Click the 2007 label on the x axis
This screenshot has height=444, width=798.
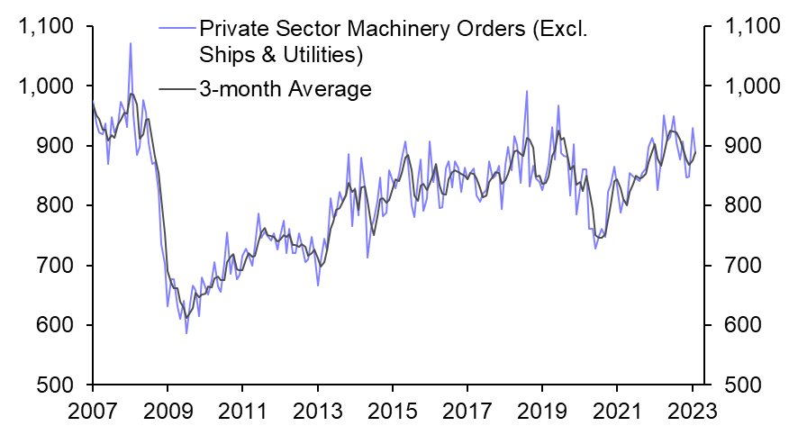point(93,410)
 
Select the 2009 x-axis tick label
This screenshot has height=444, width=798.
point(168,410)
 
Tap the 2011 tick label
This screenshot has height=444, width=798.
point(242,410)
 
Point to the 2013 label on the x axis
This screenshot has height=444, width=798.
point(317,410)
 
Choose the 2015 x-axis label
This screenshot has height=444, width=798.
point(392,410)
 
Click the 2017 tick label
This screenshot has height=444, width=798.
point(467,410)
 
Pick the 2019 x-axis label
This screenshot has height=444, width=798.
point(541,410)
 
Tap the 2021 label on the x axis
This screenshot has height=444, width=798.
point(616,410)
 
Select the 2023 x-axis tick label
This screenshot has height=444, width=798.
point(690,410)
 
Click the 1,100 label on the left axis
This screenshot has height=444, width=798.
point(45,27)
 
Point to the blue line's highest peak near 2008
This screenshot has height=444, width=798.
point(130,43)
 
